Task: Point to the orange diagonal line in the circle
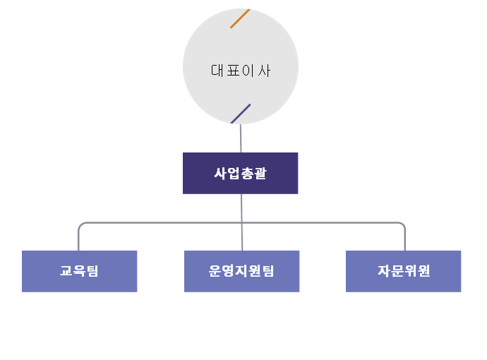[240, 18]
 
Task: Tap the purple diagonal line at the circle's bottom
[241, 114]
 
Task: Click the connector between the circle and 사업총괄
[241, 138]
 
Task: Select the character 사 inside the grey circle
[264, 71]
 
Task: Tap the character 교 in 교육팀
[66, 271]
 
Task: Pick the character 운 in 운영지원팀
[215, 271]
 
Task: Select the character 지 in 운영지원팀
[241, 271]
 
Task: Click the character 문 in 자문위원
[397, 271]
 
